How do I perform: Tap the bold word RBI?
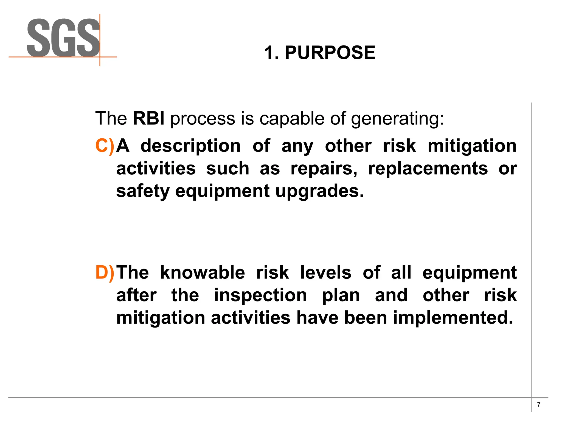click(149, 118)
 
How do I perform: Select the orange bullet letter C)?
click(105, 146)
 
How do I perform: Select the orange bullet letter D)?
click(105, 273)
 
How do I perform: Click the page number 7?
click(539, 405)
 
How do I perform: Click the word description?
click(190, 146)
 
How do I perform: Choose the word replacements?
click(428, 168)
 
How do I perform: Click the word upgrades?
click(319, 191)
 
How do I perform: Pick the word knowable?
click(203, 273)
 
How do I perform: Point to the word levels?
click(326, 273)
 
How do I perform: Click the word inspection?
click(260, 295)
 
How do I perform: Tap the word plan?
click(341, 295)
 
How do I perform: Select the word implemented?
click(453, 318)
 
